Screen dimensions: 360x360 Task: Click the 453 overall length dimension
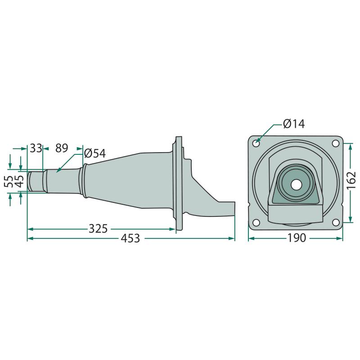[130, 238]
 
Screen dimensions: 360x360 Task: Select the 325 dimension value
[98, 229]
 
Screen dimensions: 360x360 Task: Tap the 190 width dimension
[297, 238]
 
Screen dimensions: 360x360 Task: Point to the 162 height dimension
[351, 180]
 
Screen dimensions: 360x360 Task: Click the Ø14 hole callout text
[294, 124]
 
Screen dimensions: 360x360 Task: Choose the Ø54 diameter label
[95, 153]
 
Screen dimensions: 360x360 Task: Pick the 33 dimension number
[36, 148]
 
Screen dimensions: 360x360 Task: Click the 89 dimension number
[62, 148]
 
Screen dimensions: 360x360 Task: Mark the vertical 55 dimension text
[9, 181]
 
